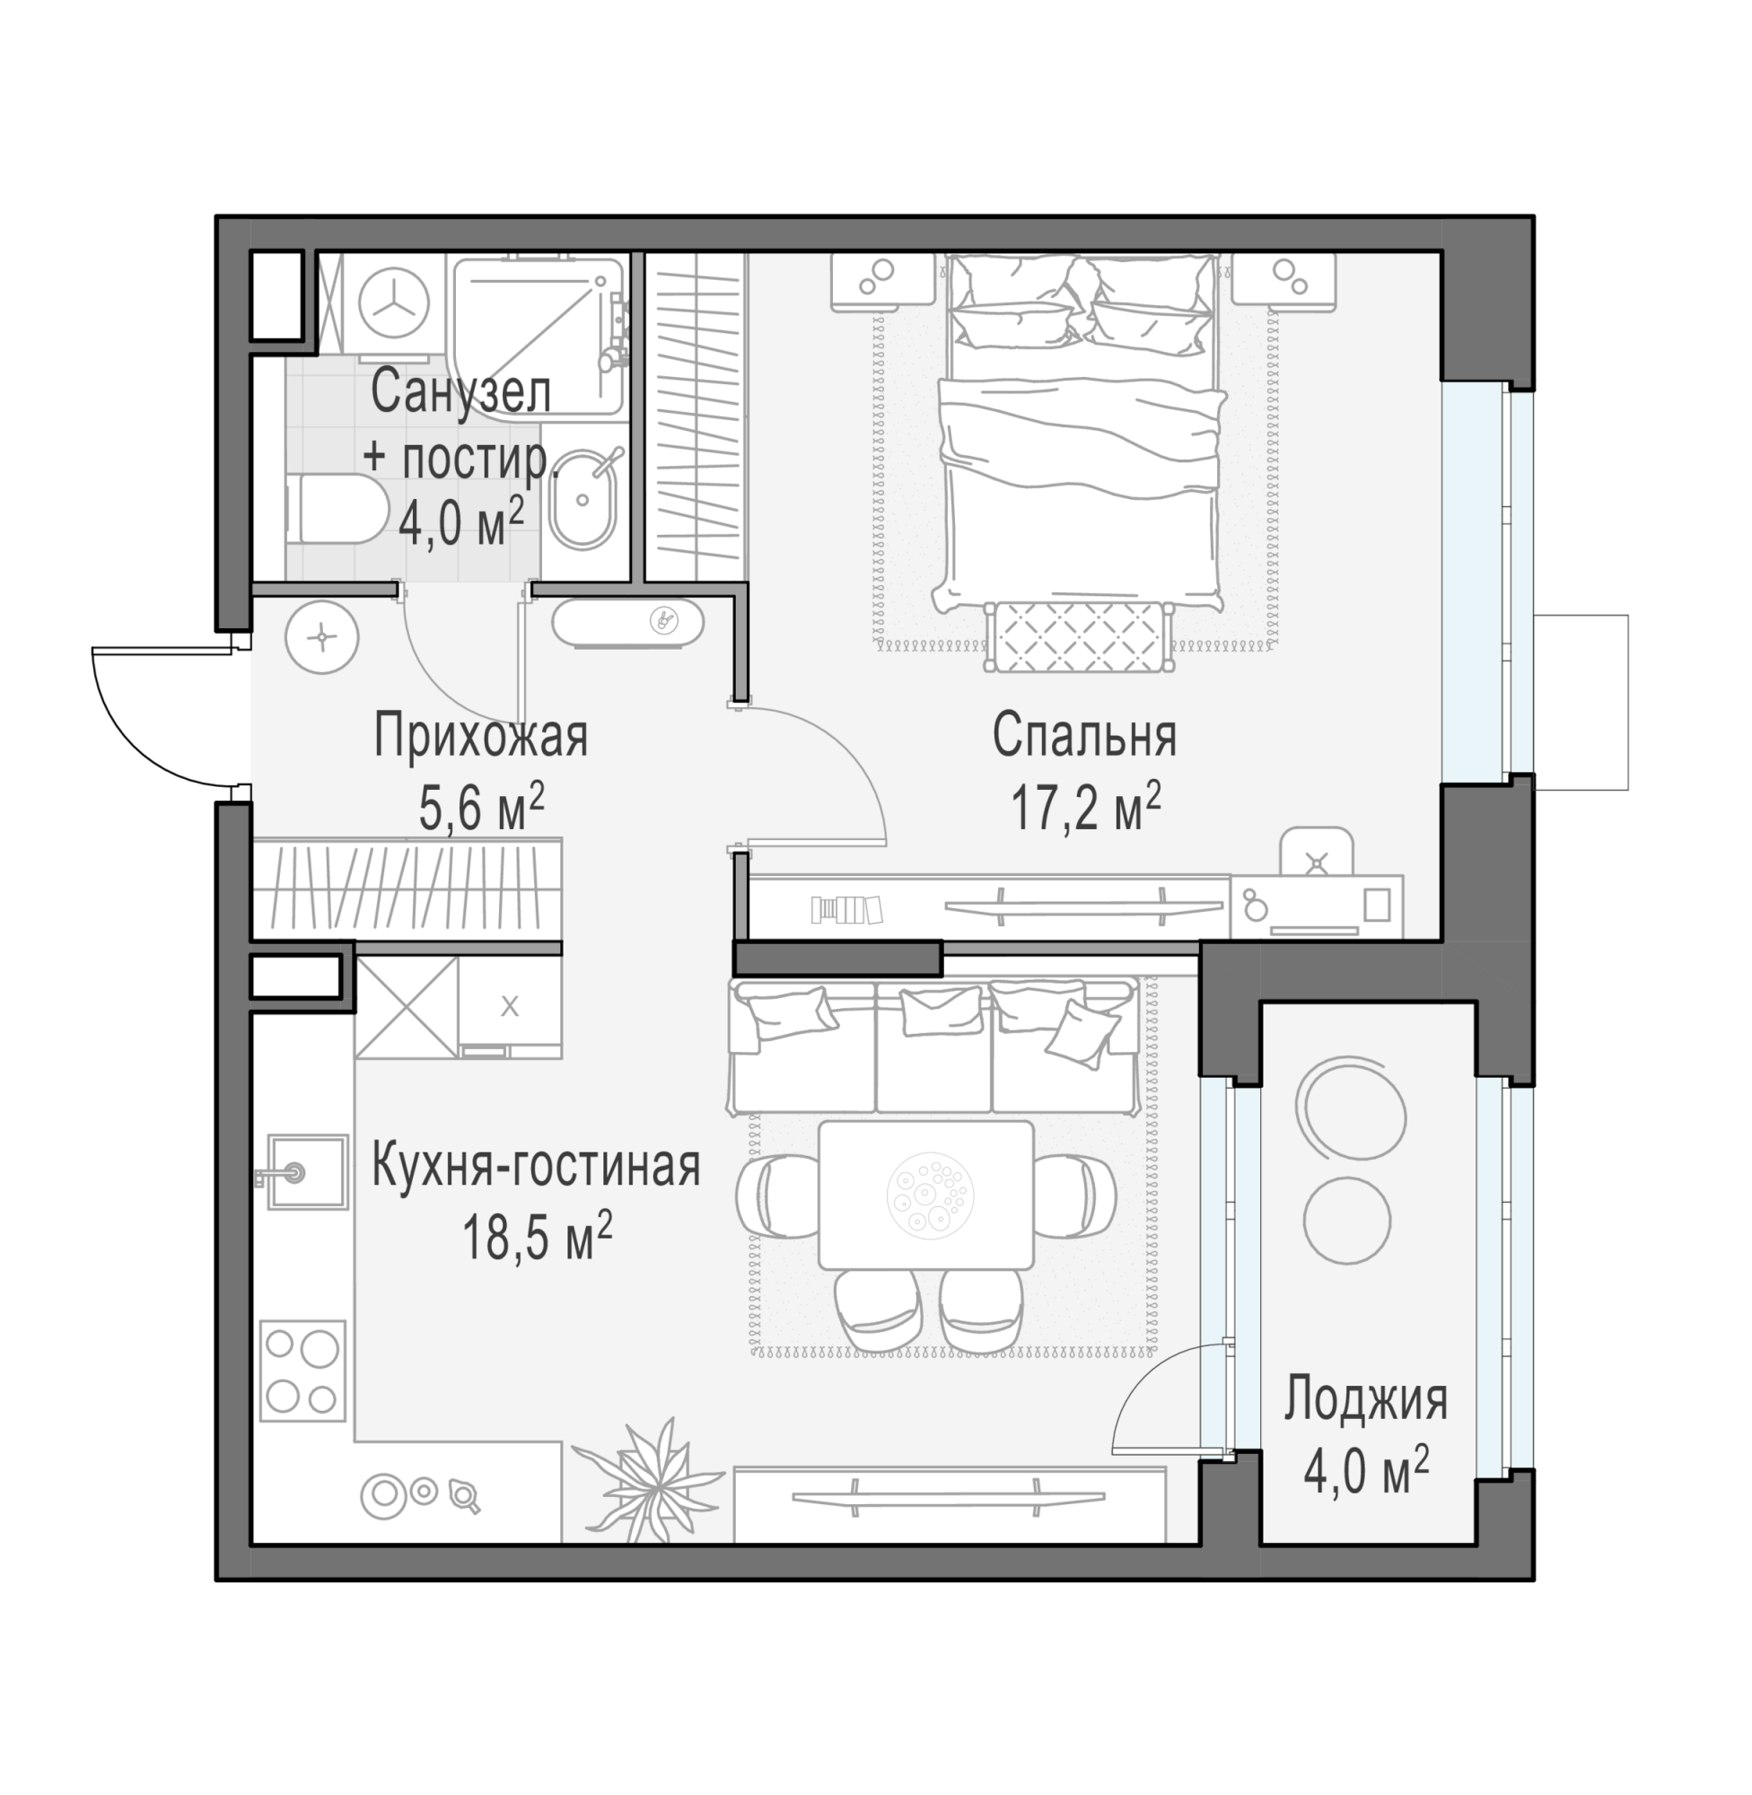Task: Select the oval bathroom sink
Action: pyautogui.click(x=583, y=500)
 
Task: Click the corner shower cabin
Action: pyautogui.click(x=539, y=337)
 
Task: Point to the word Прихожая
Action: pyautogui.click(x=480, y=737)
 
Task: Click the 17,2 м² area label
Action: pyautogui.click(x=1086, y=808)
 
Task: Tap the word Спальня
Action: pyautogui.click(x=1085, y=736)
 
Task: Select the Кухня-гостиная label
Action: pyautogui.click(x=537, y=1165)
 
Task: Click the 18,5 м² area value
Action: pyautogui.click(x=538, y=1237)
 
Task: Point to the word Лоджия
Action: pyautogui.click(x=1365, y=1400)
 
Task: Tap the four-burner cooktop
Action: pyautogui.click(x=302, y=1370)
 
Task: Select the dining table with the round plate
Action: pyautogui.click(x=925, y=1195)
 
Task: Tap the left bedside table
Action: pyautogui.click(x=883, y=281)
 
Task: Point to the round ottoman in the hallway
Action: pyautogui.click(x=321, y=636)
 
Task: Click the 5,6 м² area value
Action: pyautogui.click(x=481, y=808)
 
